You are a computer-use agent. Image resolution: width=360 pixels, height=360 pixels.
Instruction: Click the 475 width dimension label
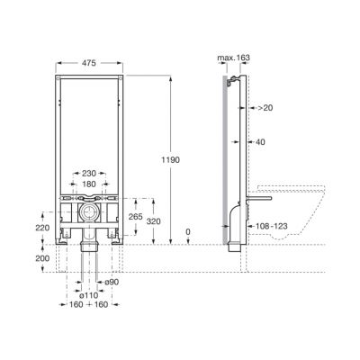[89, 63]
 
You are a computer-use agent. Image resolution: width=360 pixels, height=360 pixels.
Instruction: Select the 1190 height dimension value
[170, 160]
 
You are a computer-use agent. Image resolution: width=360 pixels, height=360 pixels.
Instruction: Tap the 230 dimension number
[89, 174]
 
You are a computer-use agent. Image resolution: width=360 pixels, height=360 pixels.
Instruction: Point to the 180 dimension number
[89, 184]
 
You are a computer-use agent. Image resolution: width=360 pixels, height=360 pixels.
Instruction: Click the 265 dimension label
[135, 217]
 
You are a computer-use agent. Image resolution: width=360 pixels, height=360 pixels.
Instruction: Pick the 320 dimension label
[154, 221]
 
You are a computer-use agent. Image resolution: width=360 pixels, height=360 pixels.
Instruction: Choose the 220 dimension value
[42, 228]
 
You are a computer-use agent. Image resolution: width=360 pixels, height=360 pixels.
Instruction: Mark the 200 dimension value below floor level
[42, 258]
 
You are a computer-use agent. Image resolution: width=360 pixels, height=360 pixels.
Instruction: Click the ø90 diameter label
[112, 282]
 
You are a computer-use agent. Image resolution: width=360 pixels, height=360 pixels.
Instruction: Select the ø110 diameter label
[88, 295]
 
